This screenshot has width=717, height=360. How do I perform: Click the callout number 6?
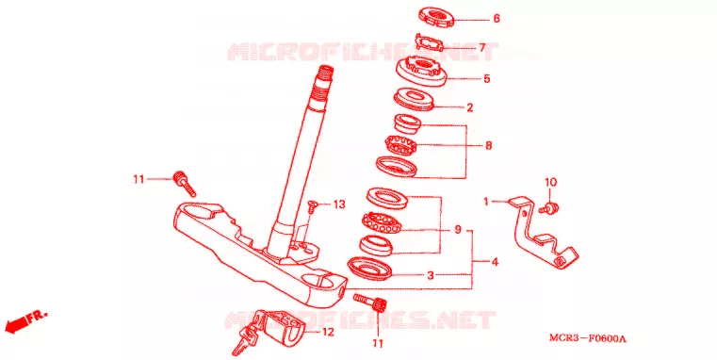click(x=497, y=19)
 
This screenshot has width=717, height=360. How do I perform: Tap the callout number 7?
click(x=482, y=47)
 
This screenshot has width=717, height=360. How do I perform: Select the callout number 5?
click(x=486, y=78)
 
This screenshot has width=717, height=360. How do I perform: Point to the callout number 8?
click(x=489, y=145)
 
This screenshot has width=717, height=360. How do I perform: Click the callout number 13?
click(x=339, y=205)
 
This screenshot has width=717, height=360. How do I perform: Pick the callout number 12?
click(x=328, y=332)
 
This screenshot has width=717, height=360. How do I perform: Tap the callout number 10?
click(x=550, y=182)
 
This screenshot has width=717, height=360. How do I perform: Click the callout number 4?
click(x=495, y=263)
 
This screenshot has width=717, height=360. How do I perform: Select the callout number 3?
click(x=430, y=276)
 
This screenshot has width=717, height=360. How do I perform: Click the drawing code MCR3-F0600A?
click(x=588, y=339)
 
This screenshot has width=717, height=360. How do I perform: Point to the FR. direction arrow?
click(x=25, y=322)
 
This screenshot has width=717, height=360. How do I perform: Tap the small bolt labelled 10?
click(x=549, y=207)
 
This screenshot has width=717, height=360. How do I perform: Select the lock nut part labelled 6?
click(x=436, y=16)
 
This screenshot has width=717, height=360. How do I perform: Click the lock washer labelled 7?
click(x=430, y=43)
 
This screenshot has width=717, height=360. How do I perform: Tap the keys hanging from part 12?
click(x=245, y=339)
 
